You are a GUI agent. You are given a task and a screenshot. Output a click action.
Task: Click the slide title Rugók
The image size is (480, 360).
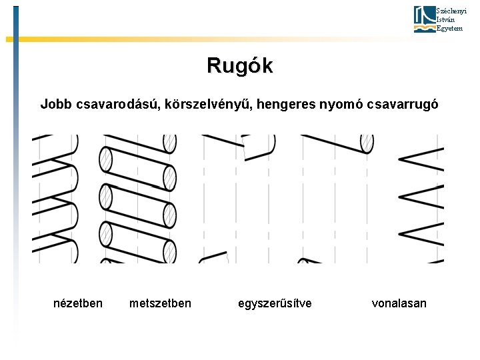239,65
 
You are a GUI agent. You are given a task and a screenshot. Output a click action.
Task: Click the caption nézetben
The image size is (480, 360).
78,303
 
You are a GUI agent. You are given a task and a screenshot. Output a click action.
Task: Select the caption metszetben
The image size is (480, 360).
160,303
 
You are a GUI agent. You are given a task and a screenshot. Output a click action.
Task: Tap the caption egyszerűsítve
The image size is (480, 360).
275,303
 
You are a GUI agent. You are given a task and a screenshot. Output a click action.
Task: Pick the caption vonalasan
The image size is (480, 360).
399,303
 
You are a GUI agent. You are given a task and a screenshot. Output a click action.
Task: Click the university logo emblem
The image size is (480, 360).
424,19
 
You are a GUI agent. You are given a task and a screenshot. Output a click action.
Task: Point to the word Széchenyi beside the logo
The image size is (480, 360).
447,11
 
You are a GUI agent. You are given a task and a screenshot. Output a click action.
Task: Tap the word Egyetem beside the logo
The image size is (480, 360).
446,28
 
